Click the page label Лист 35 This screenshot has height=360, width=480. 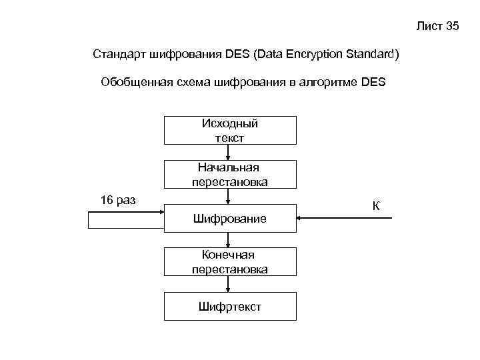pos(437,27)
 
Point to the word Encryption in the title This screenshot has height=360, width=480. pos(315,53)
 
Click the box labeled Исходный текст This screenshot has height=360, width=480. pos(230,131)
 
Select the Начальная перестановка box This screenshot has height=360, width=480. pos(230,175)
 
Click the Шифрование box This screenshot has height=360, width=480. pos(230,219)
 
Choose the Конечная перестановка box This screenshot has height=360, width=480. pos(230,262)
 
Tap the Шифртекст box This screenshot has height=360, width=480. pos(230,307)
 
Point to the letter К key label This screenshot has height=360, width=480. pos(376,205)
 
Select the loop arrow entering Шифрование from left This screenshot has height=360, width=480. pos(127,213)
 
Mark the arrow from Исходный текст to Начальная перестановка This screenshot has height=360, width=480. pos(229,153)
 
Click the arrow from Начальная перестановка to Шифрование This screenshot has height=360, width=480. pos(229,197)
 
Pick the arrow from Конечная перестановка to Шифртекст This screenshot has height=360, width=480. pos(229,285)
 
